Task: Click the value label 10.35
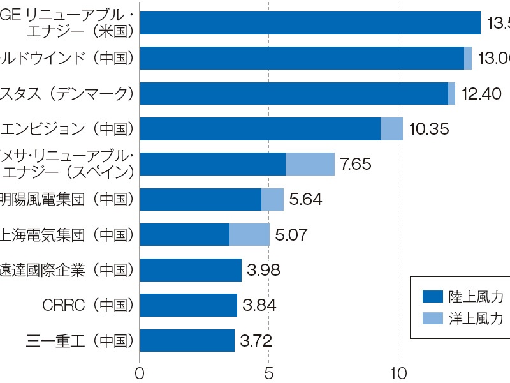coord(429,129)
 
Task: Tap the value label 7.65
coord(356,164)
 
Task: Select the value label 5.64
coord(305,199)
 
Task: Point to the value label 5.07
coord(291,234)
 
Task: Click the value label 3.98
coord(263,270)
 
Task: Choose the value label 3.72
coord(256,340)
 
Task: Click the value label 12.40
coord(481,94)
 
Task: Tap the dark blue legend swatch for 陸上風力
coord(432,296)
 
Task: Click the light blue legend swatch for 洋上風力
coord(432,319)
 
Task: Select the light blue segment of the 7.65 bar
coord(310,164)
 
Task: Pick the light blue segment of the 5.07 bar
coord(249,234)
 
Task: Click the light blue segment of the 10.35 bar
coord(391,129)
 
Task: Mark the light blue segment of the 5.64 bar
coord(272,199)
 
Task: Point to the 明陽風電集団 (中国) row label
coord(68,199)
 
